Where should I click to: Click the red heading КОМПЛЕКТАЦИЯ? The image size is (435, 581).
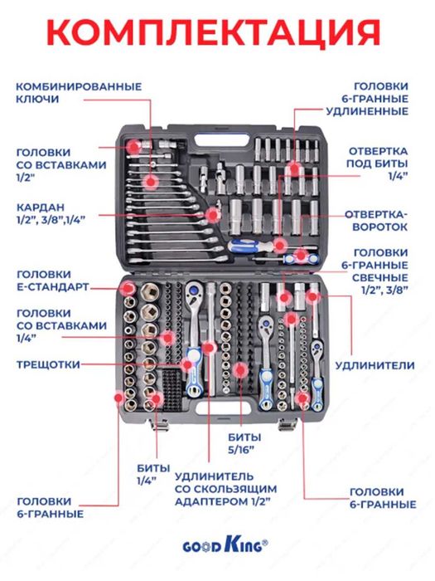[x=214, y=32]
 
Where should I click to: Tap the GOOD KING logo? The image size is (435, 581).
[x=225, y=545]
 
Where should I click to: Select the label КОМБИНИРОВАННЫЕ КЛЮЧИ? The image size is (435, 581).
[x=79, y=93]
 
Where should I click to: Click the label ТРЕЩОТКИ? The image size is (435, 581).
[x=48, y=364]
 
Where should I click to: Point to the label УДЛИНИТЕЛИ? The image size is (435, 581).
[x=375, y=365]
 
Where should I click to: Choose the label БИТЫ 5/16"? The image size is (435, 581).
[x=244, y=443]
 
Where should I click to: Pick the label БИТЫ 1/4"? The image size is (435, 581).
[x=152, y=474]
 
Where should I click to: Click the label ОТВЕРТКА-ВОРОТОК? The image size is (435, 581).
[x=376, y=221]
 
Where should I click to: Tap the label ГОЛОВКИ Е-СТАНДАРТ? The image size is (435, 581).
[x=52, y=281]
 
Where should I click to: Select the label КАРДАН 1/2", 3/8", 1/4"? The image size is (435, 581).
[x=51, y=213]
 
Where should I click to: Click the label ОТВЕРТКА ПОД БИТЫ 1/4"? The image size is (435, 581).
[x=377, y=164]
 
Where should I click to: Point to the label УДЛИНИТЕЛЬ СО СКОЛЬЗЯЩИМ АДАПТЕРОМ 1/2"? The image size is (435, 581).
[x=225, y=489]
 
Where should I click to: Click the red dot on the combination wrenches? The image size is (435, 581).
[x=151, y=181]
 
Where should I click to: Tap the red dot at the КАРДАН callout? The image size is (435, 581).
[x=213, y=215]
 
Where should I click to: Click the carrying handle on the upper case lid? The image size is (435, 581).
[x=221, y=140]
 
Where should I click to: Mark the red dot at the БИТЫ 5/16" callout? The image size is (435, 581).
[x=240, y=370]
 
